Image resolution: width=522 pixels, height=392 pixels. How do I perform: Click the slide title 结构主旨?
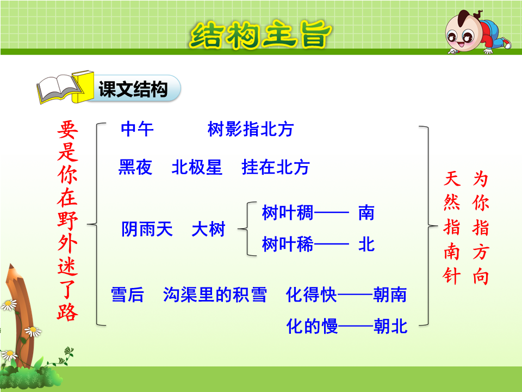pos(260,35)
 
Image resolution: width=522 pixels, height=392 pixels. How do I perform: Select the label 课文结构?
pos(133,89)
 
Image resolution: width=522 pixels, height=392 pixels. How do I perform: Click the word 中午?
pos(137,129)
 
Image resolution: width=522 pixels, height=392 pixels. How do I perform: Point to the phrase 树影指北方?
pos(250,129)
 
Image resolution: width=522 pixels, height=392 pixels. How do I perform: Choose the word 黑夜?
pos(135,167)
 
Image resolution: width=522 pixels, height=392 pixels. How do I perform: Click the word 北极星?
pos(197,167)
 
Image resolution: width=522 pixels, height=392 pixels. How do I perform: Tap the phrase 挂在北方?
pos(276,167)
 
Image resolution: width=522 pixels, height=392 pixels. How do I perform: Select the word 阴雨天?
pos(147,229)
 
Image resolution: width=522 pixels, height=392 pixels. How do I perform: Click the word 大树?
pos(208,229)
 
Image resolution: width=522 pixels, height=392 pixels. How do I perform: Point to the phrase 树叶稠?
pos(288,213)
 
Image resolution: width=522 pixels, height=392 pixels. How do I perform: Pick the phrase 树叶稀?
pos(288,244)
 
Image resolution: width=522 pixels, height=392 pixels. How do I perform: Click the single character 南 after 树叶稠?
pos(366,213)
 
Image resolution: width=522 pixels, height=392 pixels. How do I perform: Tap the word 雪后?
pos(127,295)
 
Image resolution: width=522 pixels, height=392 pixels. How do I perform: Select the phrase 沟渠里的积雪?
pos(215,295)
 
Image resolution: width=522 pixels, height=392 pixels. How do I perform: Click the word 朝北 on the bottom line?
pos(390,326)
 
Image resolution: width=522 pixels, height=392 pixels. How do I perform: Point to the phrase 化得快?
pos(311,295)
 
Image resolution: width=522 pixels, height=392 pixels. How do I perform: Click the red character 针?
pos(452,277)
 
